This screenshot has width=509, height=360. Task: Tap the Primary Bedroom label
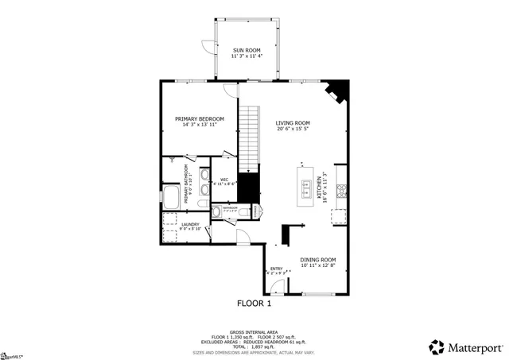tap(200, 119)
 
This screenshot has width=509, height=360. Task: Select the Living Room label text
tap(293, 123)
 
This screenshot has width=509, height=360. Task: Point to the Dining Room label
tap(318, 260)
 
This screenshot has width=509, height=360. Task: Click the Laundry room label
tap(189, 224)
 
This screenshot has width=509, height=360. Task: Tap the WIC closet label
tap(224, 180)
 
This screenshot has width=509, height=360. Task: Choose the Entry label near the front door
tap(277, 269)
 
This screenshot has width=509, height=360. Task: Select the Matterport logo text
tap(474, 346)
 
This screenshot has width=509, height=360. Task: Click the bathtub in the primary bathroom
tap(170, 195)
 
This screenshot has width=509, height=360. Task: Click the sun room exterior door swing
tap(207, 48)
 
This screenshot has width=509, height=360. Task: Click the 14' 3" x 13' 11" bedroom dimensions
tap(200, 126)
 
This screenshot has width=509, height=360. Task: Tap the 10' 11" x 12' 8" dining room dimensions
tap(318, 266)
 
